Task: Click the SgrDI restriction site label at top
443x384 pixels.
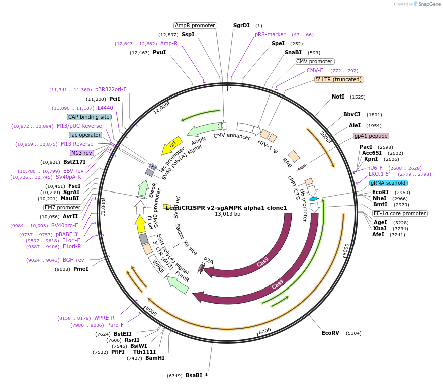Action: click(241, 25)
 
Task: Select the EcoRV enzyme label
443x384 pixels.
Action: click(331, 333)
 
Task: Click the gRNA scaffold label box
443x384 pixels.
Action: click(388, 183)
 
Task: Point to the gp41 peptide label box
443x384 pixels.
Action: click(371, 136)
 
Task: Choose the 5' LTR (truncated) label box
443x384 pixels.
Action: click(339, 79)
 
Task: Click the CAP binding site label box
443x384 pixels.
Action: click(89, 117)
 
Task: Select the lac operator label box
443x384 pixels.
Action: click(85, 135)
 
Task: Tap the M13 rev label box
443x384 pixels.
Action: click(82, 153)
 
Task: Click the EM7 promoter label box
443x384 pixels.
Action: click(62, 207)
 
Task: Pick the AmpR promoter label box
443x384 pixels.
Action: click(195, 25)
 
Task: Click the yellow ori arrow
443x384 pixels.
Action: click(171, 146)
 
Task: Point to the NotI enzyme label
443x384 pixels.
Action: click(338, 97)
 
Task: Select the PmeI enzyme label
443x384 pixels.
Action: click(80, 269)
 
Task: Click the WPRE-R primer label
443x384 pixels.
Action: click(104, 318)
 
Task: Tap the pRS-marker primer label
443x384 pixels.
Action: click(270, 34)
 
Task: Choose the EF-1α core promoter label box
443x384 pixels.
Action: click(400, 213)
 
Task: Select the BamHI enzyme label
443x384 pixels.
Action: click(155, 358)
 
